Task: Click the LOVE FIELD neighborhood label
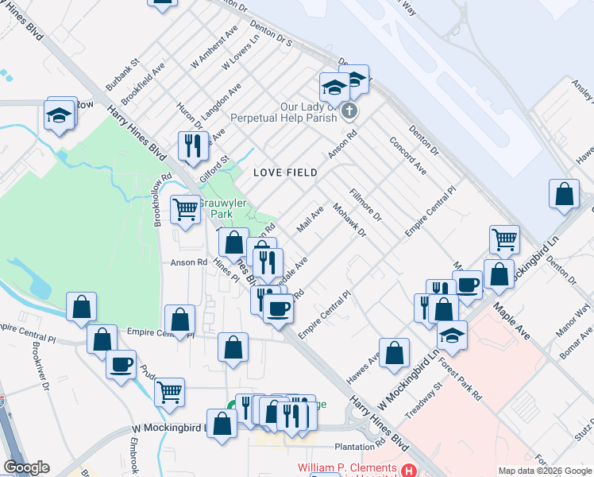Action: (285, 173)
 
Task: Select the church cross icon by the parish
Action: (349, 111)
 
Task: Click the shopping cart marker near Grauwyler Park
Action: (185, 210)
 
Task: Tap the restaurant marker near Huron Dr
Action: (192, 145)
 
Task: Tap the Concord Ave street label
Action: (407, 155)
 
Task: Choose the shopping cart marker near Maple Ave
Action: (504, 238)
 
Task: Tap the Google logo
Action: (26, 467)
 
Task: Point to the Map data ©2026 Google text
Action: (545, 471)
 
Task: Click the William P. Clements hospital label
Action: (346, 468)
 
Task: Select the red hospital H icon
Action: (408, 471)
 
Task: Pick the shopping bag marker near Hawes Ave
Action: (394, 352)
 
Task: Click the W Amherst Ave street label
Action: (214, 50)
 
